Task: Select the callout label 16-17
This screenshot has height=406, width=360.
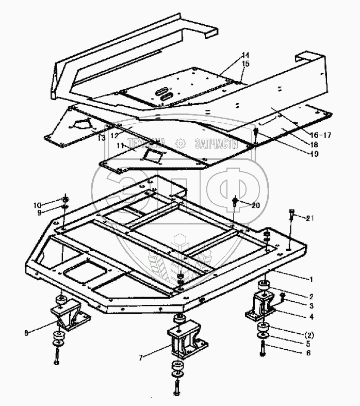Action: tap(321, 135)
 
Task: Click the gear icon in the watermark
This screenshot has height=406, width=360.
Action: tap(180, 142)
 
